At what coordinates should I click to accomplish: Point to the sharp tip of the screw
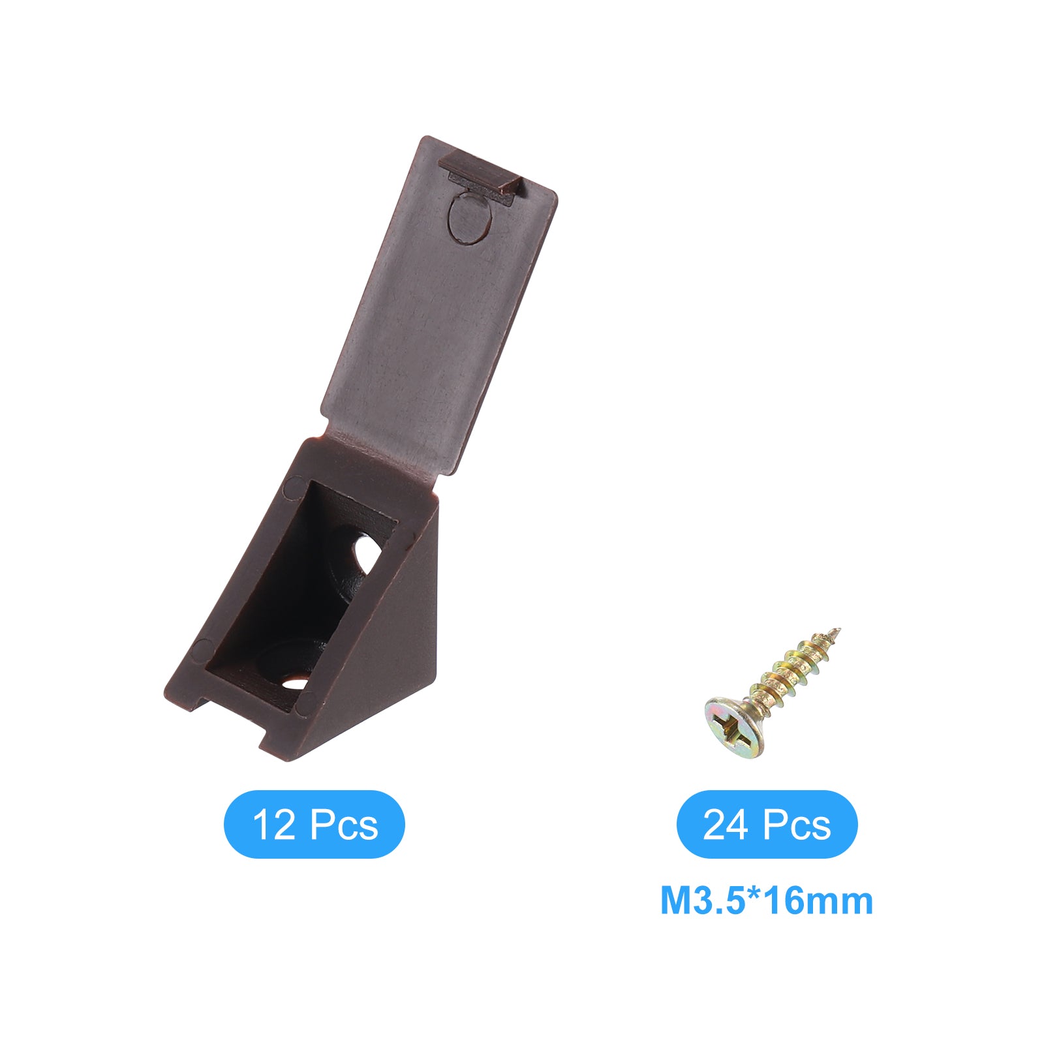click(838, 630)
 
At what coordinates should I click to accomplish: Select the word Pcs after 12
click(344, 825)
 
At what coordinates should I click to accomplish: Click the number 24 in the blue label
click(725, 825)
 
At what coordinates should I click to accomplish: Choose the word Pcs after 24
click(797, 825)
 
